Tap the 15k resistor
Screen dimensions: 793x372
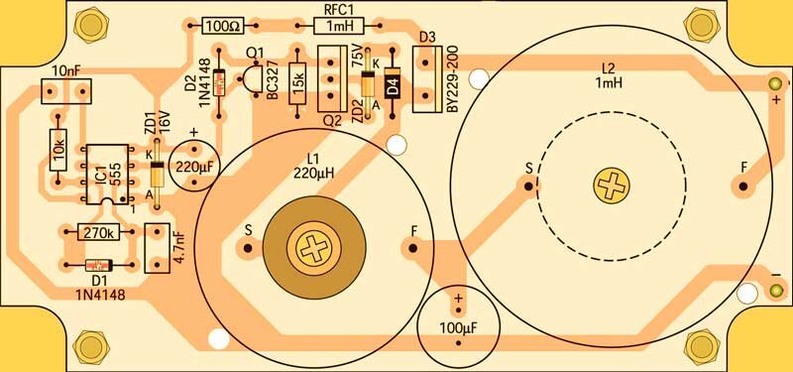coord(297,83)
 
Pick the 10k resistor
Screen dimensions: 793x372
coord(58,150)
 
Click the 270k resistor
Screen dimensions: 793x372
coord(100,232)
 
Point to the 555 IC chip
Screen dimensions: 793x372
coord(107,175)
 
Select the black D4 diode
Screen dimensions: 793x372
coord(393,82)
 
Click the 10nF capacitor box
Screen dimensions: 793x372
coord(65,91)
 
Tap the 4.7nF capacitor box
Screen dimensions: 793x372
coord(157,248)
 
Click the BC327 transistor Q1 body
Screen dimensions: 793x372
coord(249,78)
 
